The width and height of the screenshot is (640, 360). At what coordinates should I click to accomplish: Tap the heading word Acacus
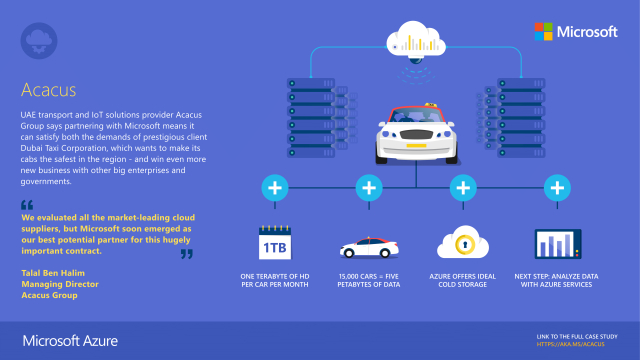coord(48,91)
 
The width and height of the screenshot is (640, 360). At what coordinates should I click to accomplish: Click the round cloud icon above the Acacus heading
coord(37,39)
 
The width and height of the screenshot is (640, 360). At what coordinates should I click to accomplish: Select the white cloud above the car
coord(414,41)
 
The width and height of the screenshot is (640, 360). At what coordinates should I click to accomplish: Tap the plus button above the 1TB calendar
coord(274,187)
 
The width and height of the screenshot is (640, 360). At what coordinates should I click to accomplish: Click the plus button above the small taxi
coord(369,187)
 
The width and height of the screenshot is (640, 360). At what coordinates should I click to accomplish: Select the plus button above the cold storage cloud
coord(462,187)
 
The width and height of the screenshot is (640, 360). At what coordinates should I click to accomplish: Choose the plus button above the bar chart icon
coord(556,187)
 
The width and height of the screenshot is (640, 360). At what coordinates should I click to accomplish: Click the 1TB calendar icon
coord(274,244)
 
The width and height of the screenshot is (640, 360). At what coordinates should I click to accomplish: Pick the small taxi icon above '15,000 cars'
coord(368,247)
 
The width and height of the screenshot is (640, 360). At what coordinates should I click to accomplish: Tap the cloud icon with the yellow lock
coord(462,244)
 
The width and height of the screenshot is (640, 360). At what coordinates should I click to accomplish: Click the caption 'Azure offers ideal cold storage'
coord(462,280)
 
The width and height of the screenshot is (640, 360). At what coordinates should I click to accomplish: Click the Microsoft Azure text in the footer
coord(70,341)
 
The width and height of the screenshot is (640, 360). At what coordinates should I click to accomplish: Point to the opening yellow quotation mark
coord(26,205)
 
